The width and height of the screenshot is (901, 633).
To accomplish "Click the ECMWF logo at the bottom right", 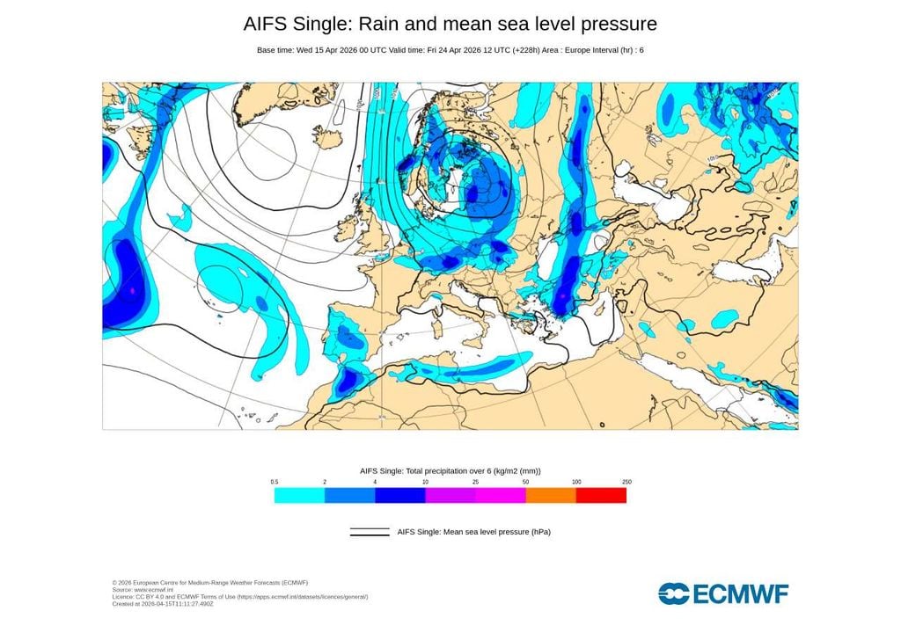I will [x=723, y=593].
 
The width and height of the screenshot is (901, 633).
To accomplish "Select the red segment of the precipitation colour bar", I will [x=601, y=496].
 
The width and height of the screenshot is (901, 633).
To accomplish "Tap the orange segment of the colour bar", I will [x=551, y=496].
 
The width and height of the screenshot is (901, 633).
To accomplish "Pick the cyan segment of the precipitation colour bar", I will [x=299, y=496].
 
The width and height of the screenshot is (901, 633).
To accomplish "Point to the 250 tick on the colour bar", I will [x=626, y=482].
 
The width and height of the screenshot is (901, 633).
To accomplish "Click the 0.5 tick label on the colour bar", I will [x=275, y=482].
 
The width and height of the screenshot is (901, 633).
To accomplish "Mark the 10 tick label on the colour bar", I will [x=426, y=482].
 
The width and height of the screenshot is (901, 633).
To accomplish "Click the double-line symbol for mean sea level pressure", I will [x=370, y=532].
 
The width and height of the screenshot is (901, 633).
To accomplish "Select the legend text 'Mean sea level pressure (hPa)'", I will [x=474, y=532].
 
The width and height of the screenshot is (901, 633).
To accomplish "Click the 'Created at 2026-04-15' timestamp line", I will [x=164, y=604].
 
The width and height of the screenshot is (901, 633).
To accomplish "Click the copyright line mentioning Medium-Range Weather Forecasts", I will [x=210, y=582].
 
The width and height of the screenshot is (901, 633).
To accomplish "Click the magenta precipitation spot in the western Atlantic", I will [x=132, y=289].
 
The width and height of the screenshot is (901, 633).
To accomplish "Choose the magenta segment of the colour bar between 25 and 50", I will [x=501, y=496].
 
